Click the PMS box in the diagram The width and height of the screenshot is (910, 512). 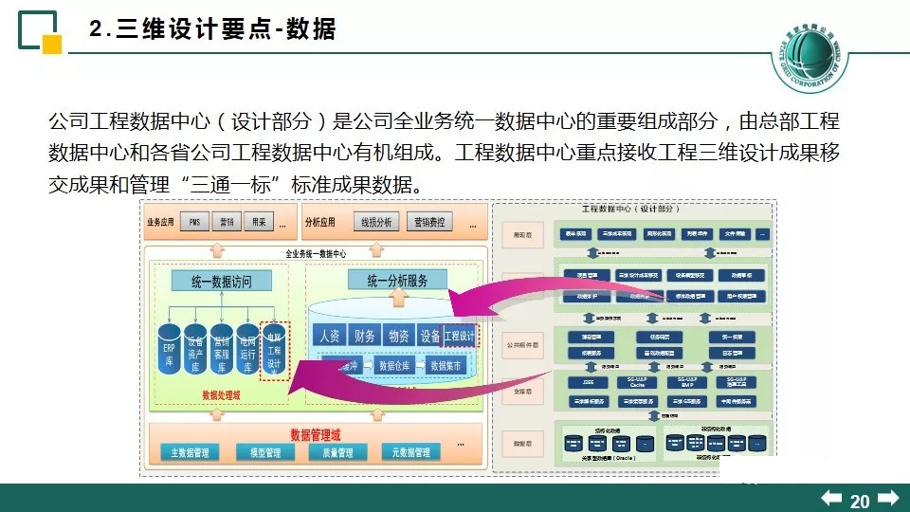194,222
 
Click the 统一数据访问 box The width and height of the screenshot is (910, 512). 221,281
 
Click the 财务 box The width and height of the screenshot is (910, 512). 364,336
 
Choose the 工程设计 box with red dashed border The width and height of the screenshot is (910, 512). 460,336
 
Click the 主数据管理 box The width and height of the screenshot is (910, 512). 190,452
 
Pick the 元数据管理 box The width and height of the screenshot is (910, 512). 410,452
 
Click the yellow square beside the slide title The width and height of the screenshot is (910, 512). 53,44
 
